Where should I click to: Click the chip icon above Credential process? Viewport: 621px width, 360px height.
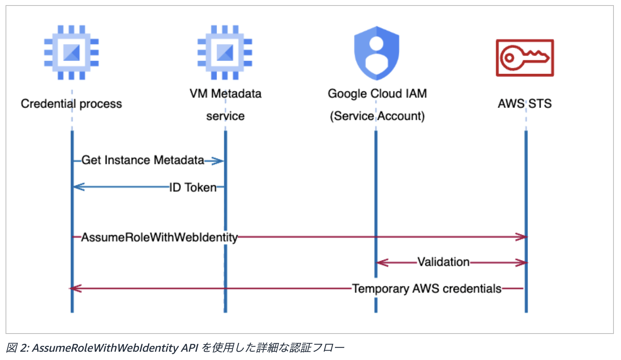[72, 52]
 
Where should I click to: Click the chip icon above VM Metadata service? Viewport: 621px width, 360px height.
[225, 52]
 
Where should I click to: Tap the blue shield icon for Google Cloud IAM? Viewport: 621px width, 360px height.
[376, 53]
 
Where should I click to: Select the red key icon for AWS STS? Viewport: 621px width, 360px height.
[525, 58]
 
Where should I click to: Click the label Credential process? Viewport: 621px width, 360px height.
[71, 104]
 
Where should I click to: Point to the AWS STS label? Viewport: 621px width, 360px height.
[525, 103]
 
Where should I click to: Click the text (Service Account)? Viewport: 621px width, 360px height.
[377, 116]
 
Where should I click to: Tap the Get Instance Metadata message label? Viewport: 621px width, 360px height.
[143, 160]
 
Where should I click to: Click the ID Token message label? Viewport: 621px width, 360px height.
[193, 187]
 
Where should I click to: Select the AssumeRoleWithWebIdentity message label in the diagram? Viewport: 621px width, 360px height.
[160, 237]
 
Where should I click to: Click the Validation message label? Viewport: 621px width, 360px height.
[444, 262]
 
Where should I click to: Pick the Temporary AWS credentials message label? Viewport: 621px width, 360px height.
[427, 289]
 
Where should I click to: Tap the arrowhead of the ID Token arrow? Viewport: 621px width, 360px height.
[78, 187]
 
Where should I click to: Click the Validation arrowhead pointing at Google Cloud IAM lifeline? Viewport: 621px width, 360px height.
[382, 262]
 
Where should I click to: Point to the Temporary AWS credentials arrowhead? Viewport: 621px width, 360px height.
[75, 289]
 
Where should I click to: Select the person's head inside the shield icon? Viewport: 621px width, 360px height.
[376, 44]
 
